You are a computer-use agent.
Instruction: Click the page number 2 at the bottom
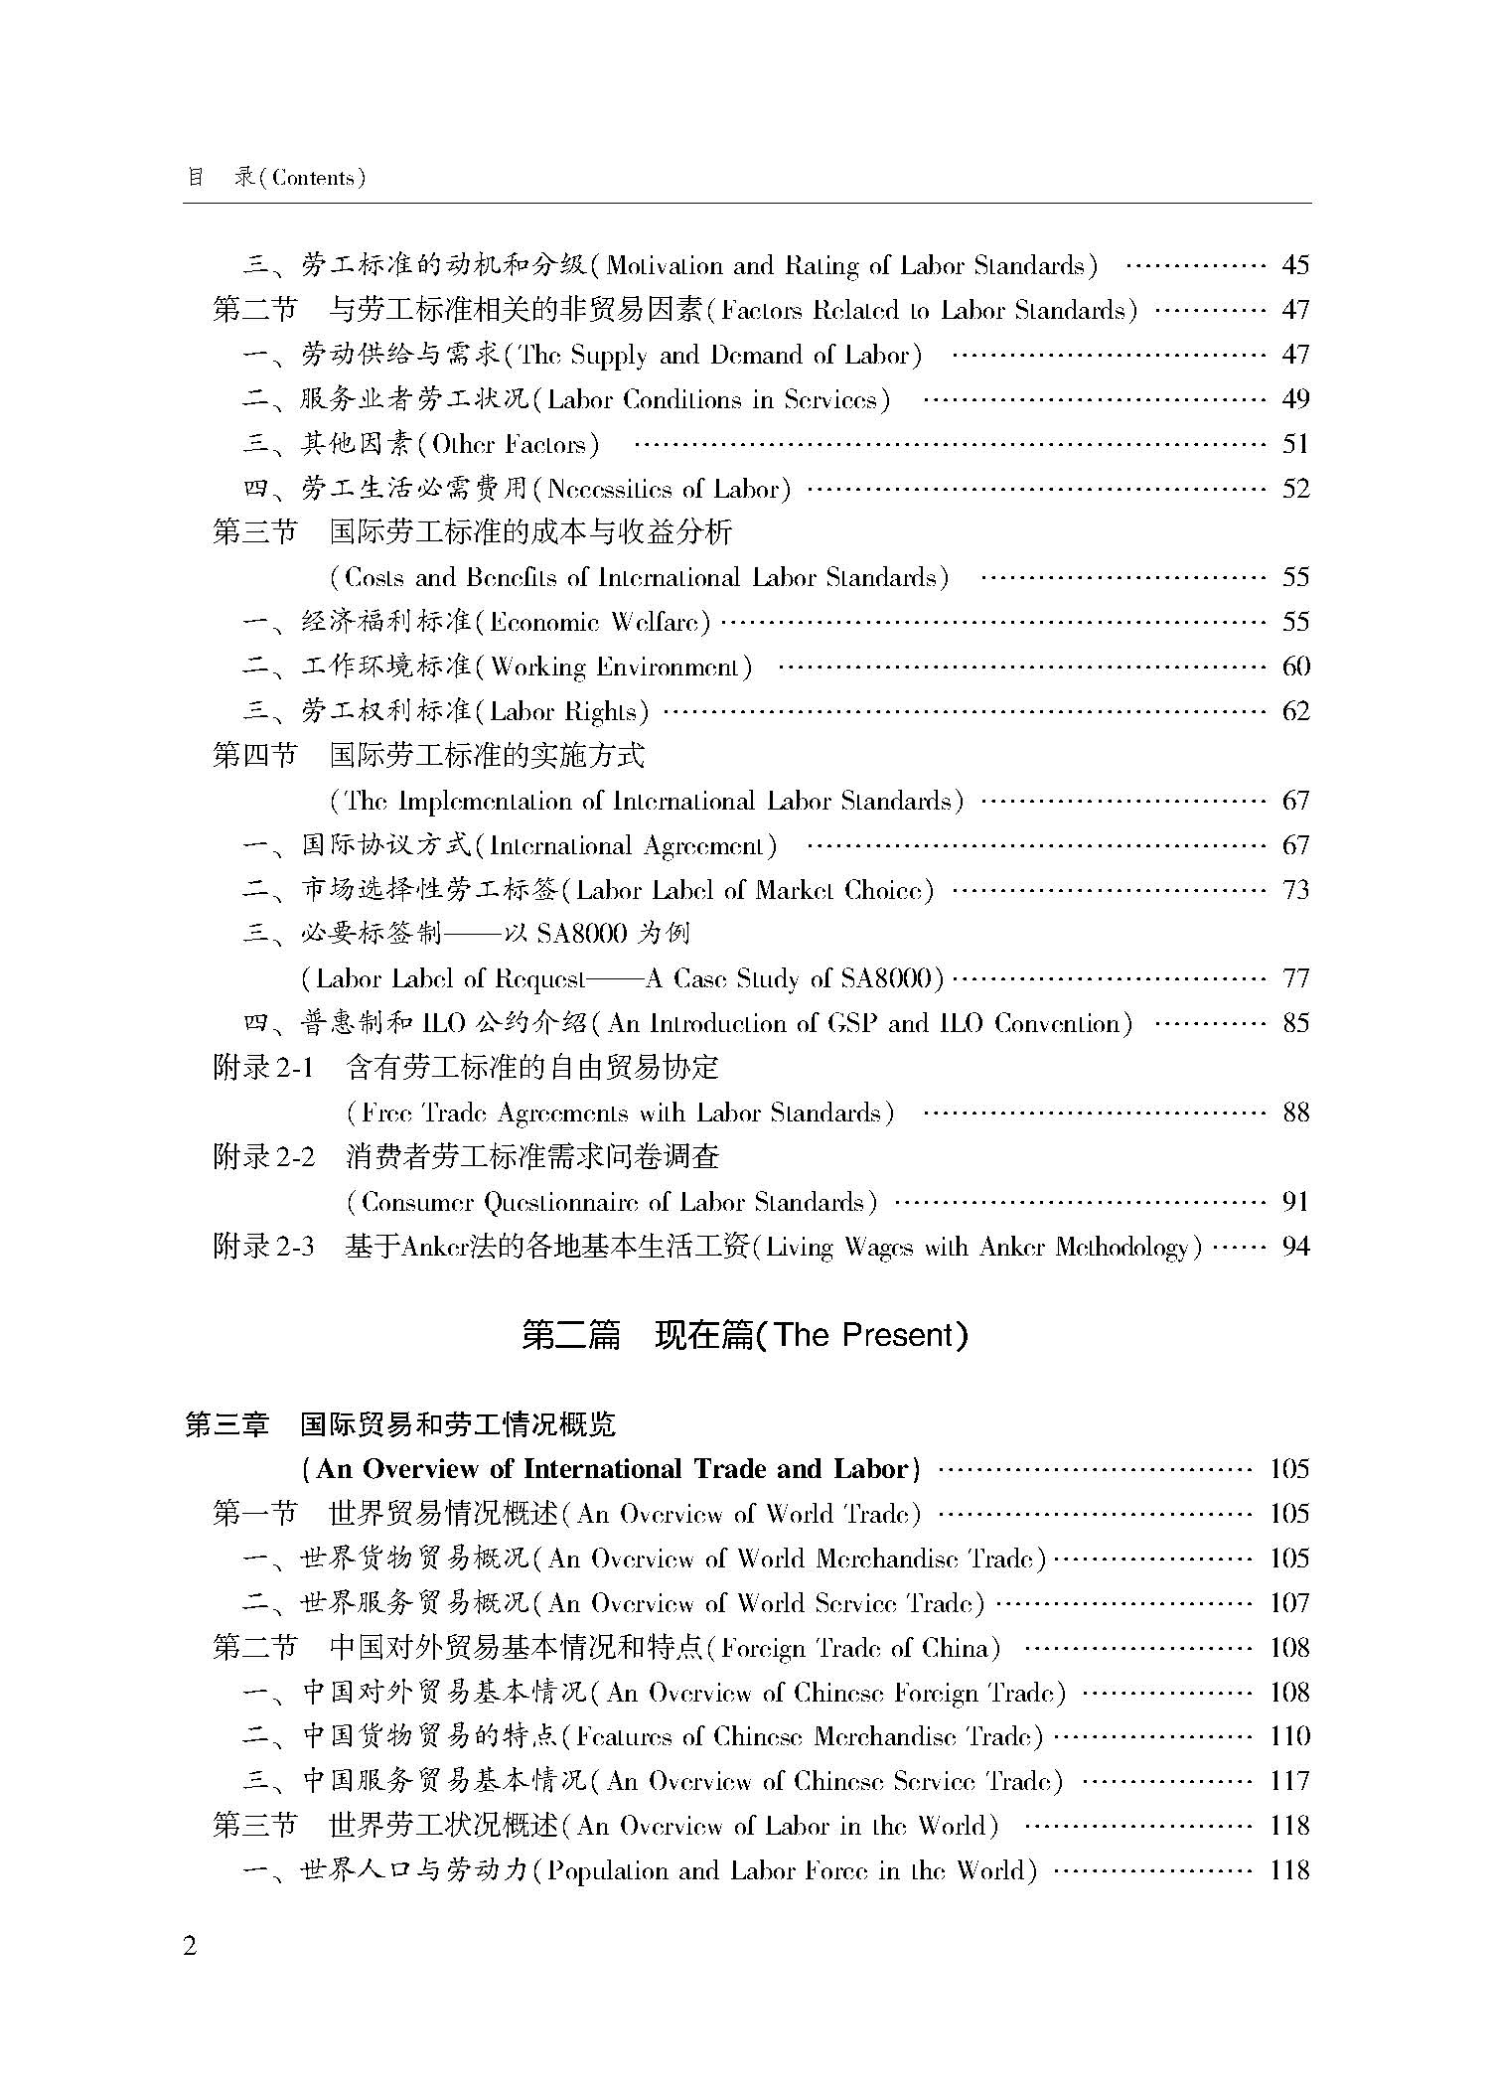pyautogui.click(x=190, y=1945)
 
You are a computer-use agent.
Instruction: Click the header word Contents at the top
pyautogui.click(x=313, y=178)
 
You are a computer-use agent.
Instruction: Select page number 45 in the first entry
pyautogui.click(x=1295, y=265)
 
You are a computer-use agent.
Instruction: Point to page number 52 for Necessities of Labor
pyautogui.click(x=1295, y=489)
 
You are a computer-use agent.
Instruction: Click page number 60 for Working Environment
pyautogui.click(x=1295, y=667)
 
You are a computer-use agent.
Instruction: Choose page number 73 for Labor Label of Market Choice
pyautogui.click(x=1295, y=889)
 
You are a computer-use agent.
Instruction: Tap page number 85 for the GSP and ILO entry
pyautogui.click(x=1295, y=1023)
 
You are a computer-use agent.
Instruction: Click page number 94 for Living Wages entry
pyautogui.click(x=1295, y=1246)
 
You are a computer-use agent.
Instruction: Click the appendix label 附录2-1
pyautogui.click(x=263, y=1068)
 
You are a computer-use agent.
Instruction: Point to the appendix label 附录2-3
pyautogui.click(x=263, y=1246)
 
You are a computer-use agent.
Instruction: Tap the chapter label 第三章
pyautogui.click(x=227, y=1424)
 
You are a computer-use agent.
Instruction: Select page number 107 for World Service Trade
pyautogui.click(x=1289, y=1603)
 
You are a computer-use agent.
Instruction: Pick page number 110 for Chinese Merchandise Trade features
pyautogui.click(x=1289, y=1736)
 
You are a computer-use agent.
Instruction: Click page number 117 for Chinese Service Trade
pyautogui.click(x=1289, y=1781)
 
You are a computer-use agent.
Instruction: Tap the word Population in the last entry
pyautogui.click(x=611, y=1871)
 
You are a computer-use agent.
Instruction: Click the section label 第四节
pyautogui.click(x=255, y=756)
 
